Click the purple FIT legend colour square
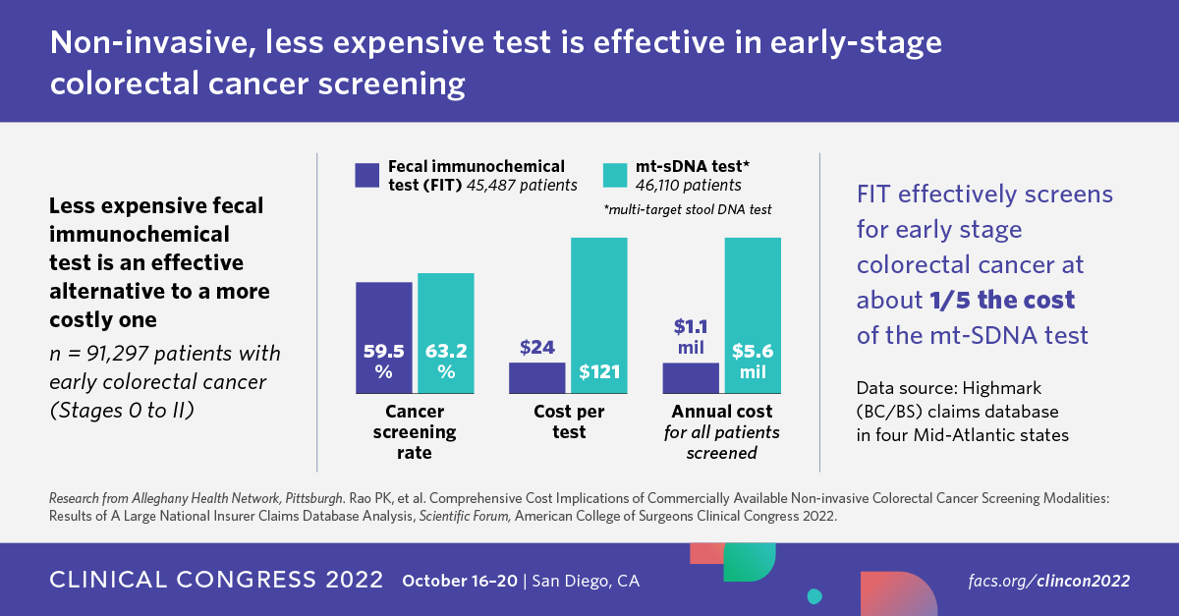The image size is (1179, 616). coord(366,175)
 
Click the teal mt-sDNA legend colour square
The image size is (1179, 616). coord(614,175)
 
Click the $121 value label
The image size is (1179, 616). coord(599,373)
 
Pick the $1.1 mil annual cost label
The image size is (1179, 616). coord(691,336)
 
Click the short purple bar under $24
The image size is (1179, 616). coord(537,377)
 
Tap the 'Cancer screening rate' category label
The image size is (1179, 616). coord(414,432)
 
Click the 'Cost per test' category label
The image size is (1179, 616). coord(569,421)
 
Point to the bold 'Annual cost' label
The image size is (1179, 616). coord(721,411)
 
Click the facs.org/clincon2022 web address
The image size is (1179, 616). coord(1048,581)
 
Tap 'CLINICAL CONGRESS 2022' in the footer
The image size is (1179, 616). coord(216,581)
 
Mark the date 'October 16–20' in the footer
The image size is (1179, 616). coord(462,581)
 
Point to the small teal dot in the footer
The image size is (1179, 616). coord(814,596)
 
